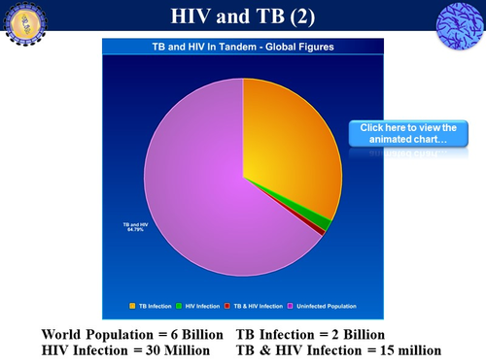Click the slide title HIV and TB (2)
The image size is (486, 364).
click(x=242, y=17)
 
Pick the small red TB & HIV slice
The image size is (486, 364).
click(x=321, y=231)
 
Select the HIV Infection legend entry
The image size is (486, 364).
click(x=199, y=307)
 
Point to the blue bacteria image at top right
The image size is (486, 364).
click(x=462, y=22)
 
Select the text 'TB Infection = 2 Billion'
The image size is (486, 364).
click(x=310, y=335)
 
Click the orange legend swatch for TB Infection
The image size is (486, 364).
click(x=132, y=307)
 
